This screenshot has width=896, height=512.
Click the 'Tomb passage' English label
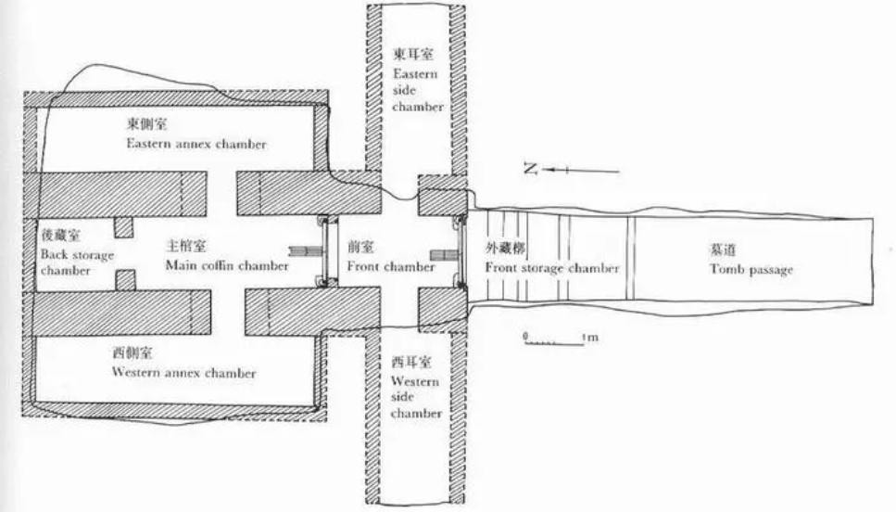click(751, 269)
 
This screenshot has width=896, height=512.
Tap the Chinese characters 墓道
click(723, 250)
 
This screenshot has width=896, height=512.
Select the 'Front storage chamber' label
click(552, 267)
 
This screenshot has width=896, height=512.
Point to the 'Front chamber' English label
click(391, 266)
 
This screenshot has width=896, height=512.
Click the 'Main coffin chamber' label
click(227, 265)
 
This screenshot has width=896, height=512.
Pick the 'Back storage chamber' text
click(77, 262)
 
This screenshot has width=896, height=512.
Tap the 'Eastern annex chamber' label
click(196, 144)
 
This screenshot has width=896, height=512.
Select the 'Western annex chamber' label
click(184, 373)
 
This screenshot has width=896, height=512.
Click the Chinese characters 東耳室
click(412, 55)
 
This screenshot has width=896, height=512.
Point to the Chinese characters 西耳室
click(411, 362)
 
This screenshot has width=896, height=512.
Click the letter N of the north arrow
click(531, 169)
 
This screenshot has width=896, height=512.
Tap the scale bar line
click(552, 343)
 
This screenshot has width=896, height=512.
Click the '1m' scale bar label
click(590, 338)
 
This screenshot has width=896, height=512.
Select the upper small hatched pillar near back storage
click(124, 227)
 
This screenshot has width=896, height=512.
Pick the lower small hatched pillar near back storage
click(126, 280)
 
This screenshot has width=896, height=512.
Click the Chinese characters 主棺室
click(185, 247)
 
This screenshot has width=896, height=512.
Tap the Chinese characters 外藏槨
click(505, 249)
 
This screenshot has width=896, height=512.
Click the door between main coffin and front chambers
click(324, 251)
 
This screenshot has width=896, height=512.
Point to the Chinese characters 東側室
click(146, 124)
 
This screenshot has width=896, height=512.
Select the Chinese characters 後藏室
click(60, 235)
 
